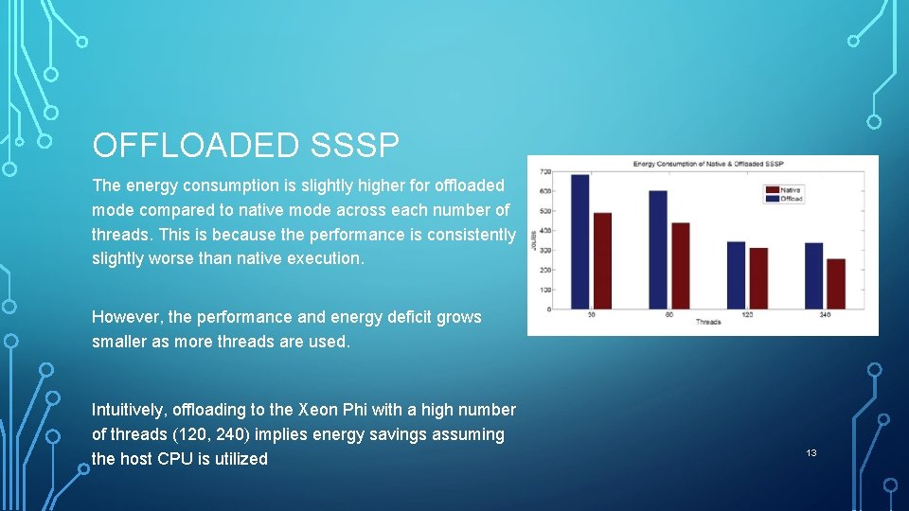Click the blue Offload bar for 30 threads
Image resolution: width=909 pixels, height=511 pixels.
click(x=579, y=242)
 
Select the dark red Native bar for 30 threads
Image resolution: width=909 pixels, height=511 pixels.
click(x=602, y=261)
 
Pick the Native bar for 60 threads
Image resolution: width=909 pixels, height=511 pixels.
click(x=680, y=266)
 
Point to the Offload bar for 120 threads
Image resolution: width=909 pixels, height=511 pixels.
click(x=736, y=275)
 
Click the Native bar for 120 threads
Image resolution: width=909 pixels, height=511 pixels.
click(x=758, y=278)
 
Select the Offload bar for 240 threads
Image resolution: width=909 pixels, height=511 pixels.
click(x=813, y=275)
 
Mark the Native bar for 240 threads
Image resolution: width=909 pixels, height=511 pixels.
click(x=836, y=284)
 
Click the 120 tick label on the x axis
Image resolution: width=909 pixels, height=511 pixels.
click(x=747, y=314)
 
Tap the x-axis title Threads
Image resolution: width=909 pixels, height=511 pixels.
click(x=708, y=323)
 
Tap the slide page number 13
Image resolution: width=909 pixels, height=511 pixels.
click(x=811, y=453)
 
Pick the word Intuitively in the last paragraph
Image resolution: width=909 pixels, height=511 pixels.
click(x=129, y=410)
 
